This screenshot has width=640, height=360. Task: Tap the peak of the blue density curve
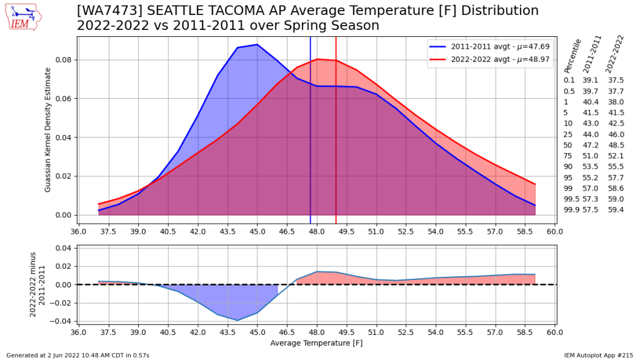(x=257, y=44)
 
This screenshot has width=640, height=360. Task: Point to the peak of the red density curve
(x=317, y=59)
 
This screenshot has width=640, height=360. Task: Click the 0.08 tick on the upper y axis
(x=63, y=60)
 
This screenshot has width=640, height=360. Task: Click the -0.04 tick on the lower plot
(x=60, y=322)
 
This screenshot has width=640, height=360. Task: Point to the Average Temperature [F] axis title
(x=316, y=343)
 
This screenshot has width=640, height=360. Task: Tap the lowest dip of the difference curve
(x=237, y=321)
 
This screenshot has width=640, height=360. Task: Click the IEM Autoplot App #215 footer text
(x=599, y=355)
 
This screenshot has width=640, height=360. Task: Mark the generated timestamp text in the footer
(x=77, y=355)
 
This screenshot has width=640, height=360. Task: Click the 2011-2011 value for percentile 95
(x=591, y=181)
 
